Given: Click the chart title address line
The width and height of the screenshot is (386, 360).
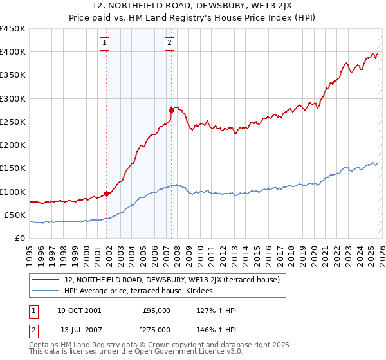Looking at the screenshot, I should (x=192, y=6).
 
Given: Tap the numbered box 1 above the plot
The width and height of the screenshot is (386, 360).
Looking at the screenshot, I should (x=105, y=43).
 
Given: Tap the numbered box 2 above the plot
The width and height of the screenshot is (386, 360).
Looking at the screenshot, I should (x=169, y=43).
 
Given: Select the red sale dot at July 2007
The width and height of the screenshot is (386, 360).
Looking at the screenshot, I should (x=171, y=110).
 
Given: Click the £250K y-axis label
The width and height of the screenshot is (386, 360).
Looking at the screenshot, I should (x=13, y=122).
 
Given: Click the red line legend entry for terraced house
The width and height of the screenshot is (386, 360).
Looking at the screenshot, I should (x=172, y=280).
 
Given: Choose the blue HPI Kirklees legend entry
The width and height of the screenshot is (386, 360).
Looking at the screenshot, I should (x=143, y=291).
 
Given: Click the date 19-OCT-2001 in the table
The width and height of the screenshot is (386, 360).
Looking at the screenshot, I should (x=80, y=311).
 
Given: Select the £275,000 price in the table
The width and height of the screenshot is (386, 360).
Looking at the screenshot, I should (x=156, y=329).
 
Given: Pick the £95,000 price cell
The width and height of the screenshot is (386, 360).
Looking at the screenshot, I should (x=156, y=311).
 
